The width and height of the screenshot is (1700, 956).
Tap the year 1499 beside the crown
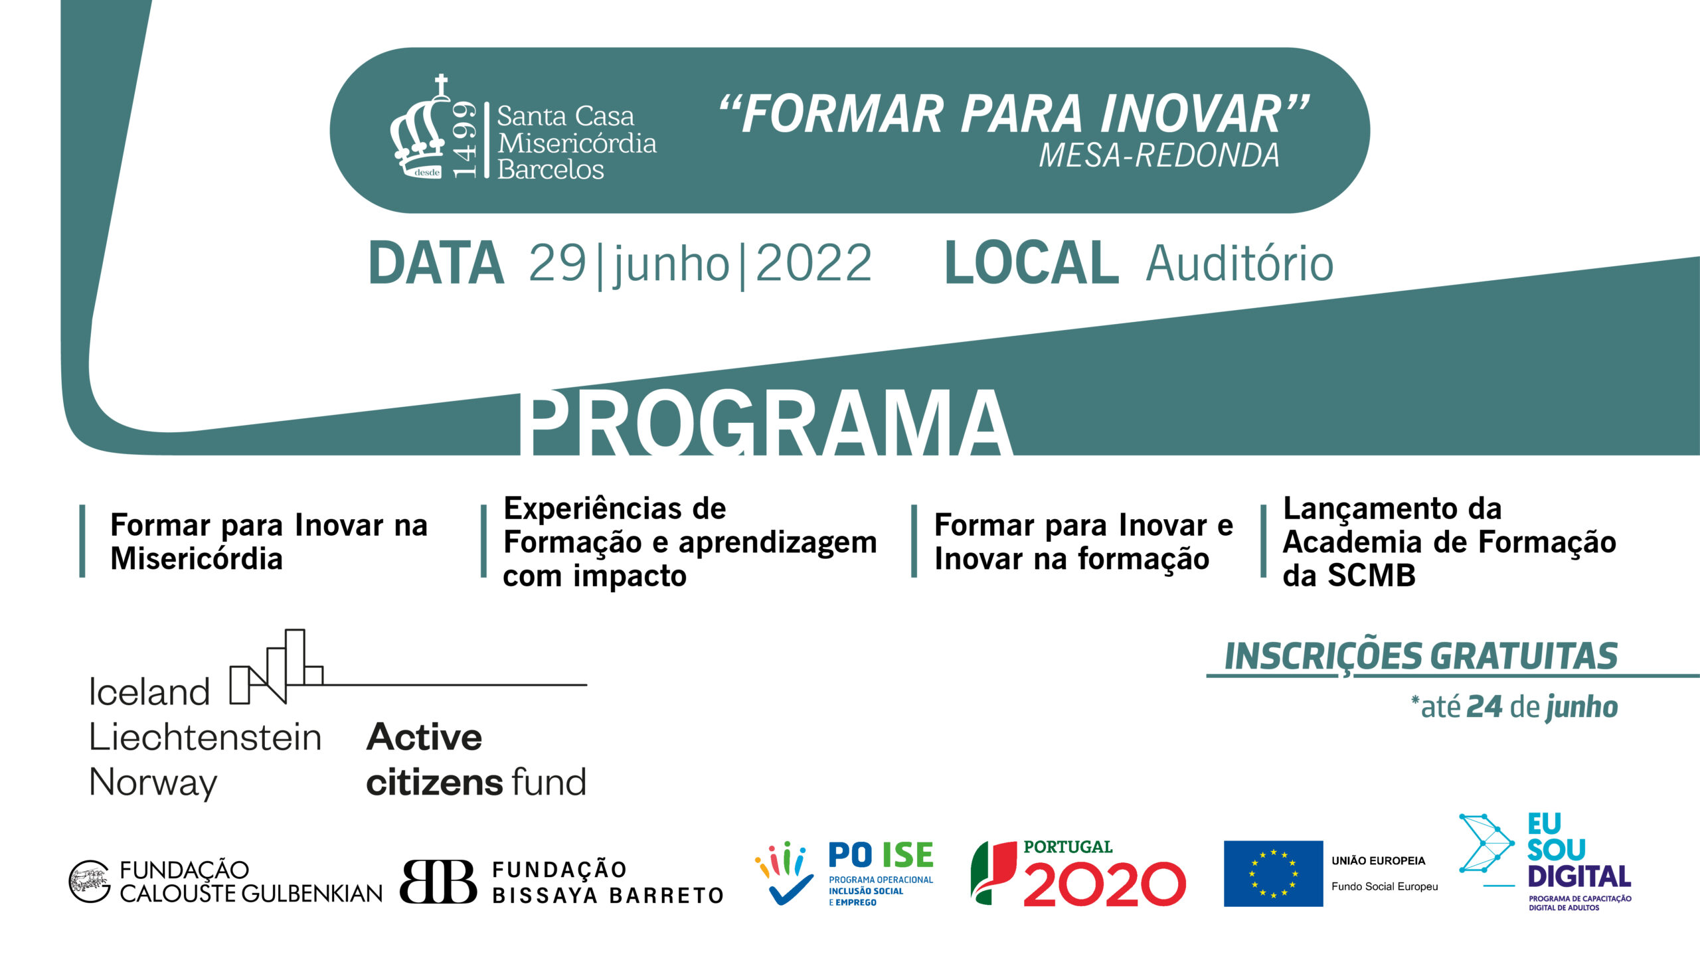click(x=464, y=139)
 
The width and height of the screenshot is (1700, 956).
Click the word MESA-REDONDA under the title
click(x=1159, y=155)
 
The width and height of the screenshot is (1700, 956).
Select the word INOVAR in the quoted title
click(x=1191, y=114)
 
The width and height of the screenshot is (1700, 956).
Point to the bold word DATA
click(x=436, y=264)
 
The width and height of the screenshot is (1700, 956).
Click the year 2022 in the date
click(x=813, y=264)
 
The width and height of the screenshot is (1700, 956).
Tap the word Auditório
click(x=1240, y=264)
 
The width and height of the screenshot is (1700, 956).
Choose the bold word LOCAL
click(x=1031, y=264)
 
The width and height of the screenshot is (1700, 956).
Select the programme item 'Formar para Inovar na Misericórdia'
click(x=269, y=542)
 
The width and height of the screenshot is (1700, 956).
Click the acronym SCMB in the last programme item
click(x=1371, y=576)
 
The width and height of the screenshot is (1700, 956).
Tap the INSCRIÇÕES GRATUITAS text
click(x=1421, y=657)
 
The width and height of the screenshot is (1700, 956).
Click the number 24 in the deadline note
click(x=1484, y=707)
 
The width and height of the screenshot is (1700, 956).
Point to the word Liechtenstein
click(x=205, y=737)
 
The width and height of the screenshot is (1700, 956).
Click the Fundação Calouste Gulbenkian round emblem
click(x=90, y=882)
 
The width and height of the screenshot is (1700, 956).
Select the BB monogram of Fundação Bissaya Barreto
click(x=438, y=882)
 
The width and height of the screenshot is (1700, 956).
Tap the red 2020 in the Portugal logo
click(x=1104, y=884)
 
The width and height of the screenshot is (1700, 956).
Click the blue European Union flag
click(x=1273, y=874)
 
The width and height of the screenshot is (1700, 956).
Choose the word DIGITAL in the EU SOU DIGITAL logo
click(x=1579, y=876)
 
